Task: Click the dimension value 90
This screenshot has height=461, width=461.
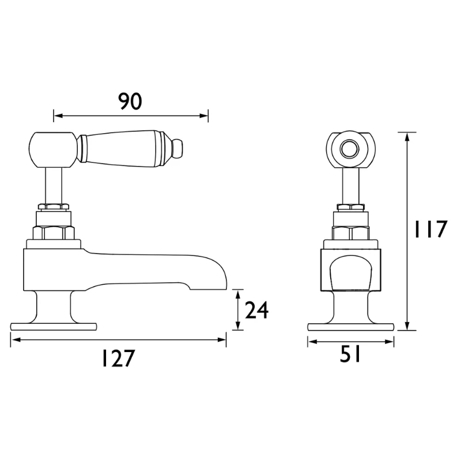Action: [130, 101]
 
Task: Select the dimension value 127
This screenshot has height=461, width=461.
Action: [118, 358]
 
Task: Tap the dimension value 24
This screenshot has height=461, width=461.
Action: [256, 311]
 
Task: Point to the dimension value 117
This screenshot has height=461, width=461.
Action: [430, 229]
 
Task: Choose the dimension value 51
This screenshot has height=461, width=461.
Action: [350, 354]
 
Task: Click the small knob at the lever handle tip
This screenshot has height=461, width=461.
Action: [177, 148]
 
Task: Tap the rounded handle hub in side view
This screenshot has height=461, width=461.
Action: [54, 150]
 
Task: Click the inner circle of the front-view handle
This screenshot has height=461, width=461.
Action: [350, 149]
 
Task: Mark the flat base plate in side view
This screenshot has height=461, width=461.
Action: [54, 326]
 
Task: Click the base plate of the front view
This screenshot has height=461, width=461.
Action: [351, 327]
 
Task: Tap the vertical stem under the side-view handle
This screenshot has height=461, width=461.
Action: [54, 186]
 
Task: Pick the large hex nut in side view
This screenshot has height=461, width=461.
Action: [54, 233]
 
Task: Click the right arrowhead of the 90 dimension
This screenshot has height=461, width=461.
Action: [205, 116]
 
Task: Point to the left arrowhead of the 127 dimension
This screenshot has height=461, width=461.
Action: [15, 340]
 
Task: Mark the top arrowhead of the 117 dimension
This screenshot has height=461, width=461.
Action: [407, 137]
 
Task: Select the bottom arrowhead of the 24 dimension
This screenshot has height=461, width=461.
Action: [238, 326]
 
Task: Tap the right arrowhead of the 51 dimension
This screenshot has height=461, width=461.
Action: [390, 342]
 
